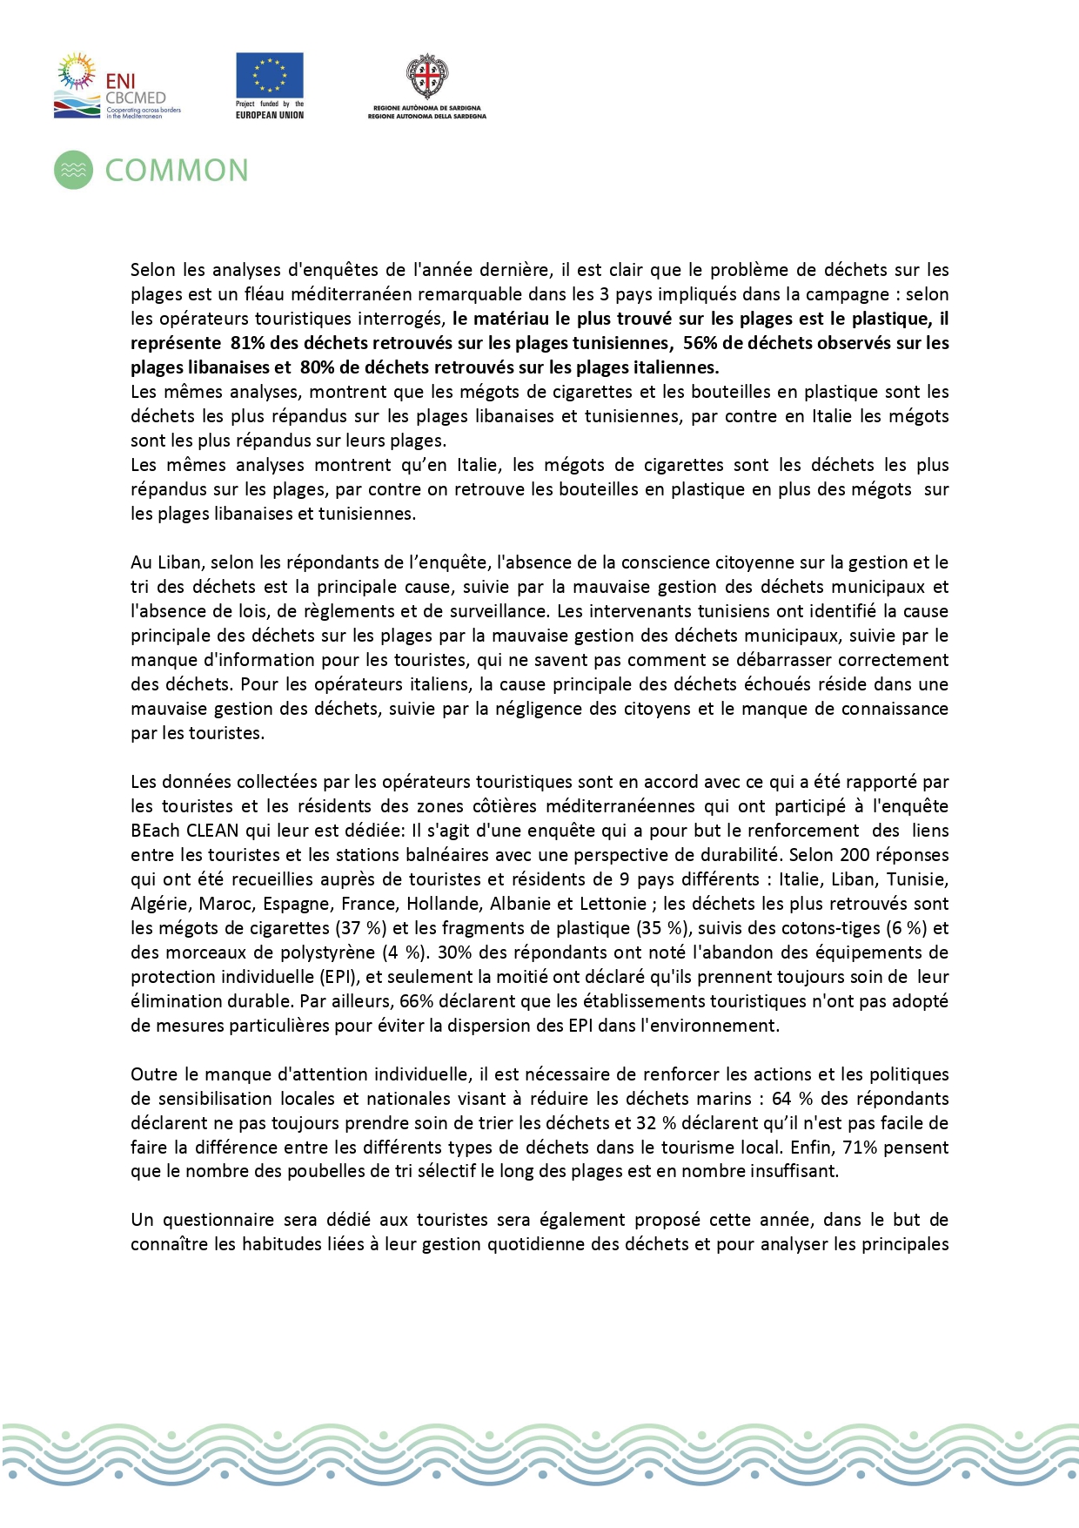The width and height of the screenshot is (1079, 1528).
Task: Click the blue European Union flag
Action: click(270, 75)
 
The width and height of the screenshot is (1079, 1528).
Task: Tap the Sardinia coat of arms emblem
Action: click(427, 78)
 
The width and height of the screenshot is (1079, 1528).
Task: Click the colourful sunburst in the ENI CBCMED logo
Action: click(77, 70)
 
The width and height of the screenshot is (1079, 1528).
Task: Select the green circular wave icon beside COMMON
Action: click(73, 170)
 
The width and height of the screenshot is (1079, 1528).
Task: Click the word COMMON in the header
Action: click(177, 171)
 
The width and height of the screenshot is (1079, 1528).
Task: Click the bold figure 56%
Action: click(700, 343)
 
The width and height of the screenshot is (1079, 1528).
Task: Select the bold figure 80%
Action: click(318, 367)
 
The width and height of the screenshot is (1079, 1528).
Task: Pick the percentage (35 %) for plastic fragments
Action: click(662, 928)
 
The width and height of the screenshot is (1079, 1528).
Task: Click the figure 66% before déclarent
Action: click(417, 1001)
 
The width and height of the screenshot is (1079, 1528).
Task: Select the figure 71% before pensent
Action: click(861, 1148)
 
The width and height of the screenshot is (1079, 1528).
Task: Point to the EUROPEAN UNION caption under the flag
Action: click(270, 115)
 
